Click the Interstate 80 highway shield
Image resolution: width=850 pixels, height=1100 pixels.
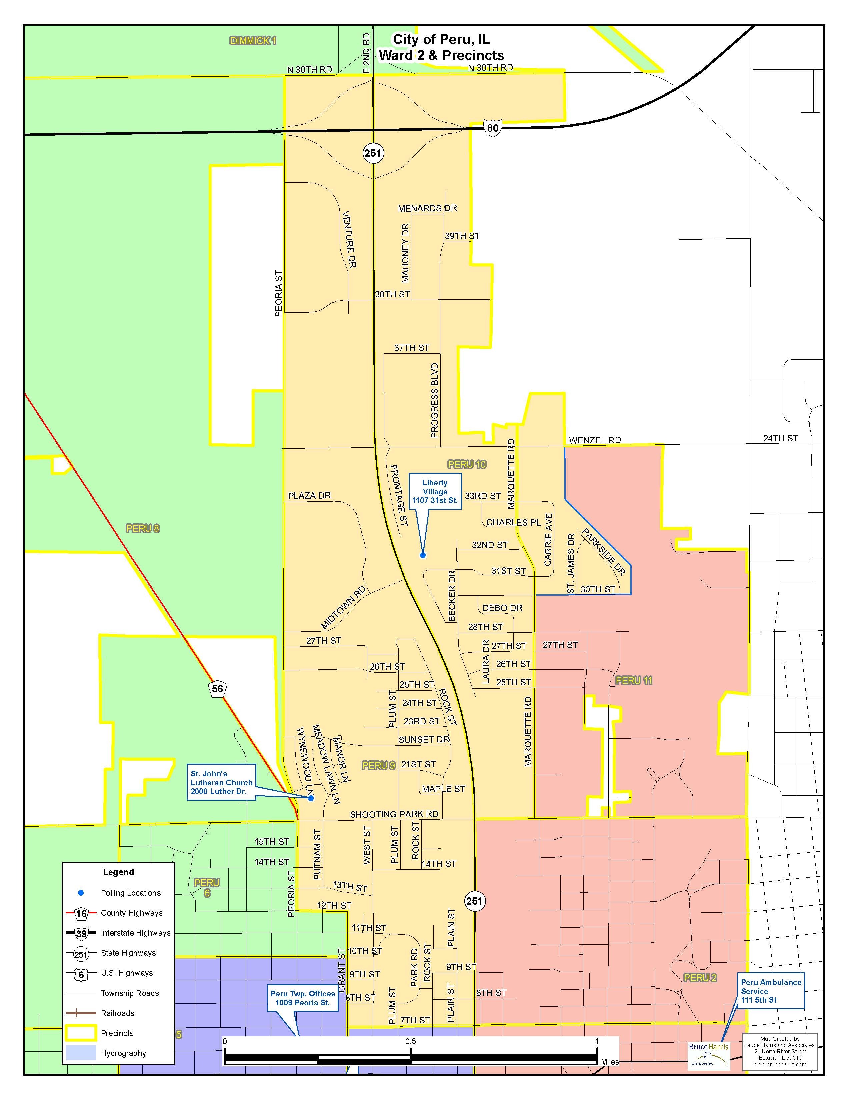point(492,128)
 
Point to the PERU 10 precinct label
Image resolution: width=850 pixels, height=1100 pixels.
point(467,464)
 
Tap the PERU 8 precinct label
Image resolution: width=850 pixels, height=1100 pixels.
point(143,528)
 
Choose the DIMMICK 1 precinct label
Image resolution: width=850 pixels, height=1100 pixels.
point(253,41)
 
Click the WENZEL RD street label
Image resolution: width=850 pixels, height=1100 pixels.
point(595,440)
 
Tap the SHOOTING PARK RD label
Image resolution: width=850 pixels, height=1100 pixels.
point(394,814)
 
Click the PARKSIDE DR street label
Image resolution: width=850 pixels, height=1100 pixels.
point(604,552)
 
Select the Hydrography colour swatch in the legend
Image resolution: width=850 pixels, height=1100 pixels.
point(81,1053)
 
